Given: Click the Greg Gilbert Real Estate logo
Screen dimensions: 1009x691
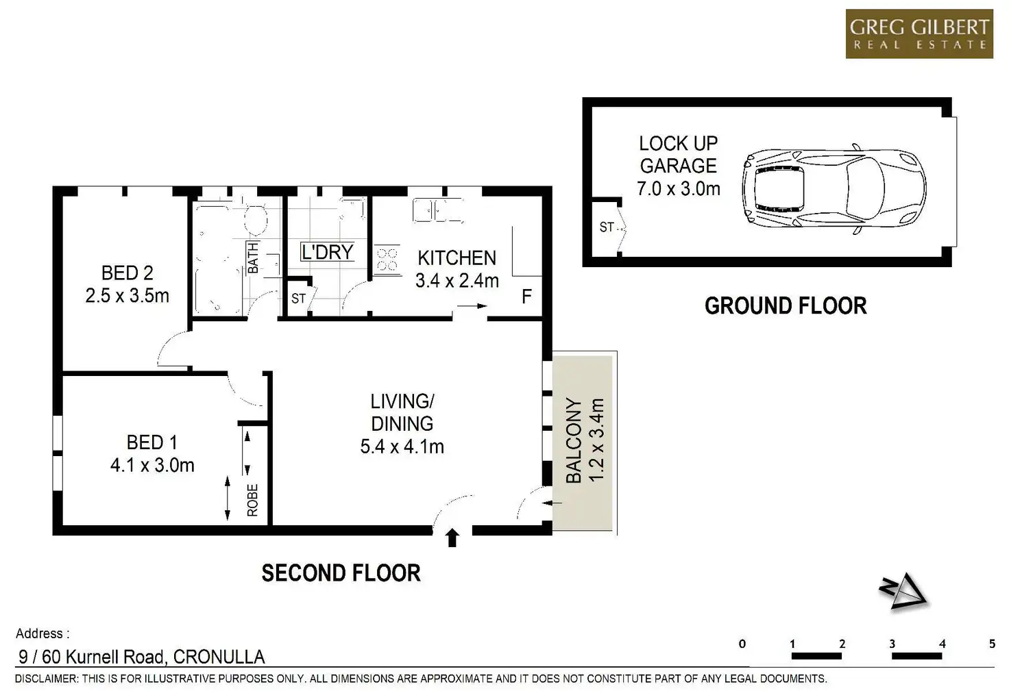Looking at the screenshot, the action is pos(919,34).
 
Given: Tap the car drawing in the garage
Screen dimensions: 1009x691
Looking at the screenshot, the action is pos(834,189).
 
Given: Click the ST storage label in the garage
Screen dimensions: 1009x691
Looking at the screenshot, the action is pos(607,227).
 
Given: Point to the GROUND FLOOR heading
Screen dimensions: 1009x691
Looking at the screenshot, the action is pos(786,306).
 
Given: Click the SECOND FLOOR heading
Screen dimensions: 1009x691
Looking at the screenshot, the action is pos(341,573).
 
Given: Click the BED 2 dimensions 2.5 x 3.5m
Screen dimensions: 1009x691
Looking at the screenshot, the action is pos(127,296).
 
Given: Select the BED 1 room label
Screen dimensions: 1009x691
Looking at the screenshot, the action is pos(151,442).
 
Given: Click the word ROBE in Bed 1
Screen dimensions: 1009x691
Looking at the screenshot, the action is pos(252,500).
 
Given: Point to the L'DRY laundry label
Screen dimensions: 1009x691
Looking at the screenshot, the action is pos(328,252).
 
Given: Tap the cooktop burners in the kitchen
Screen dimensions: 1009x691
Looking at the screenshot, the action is pos(387,260).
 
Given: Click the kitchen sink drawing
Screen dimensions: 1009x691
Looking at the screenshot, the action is pos(438,211).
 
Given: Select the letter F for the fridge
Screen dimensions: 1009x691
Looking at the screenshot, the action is pos(526,297).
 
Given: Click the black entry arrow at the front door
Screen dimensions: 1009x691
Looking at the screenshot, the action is pos(452,538).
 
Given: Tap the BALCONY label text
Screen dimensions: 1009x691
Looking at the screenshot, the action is pos(574,440).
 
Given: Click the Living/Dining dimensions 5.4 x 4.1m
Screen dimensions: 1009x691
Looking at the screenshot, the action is pos(402,447).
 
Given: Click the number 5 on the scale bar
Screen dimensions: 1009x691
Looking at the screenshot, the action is pos(992,644).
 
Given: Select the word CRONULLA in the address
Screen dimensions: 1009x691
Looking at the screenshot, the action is pos(219,657).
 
